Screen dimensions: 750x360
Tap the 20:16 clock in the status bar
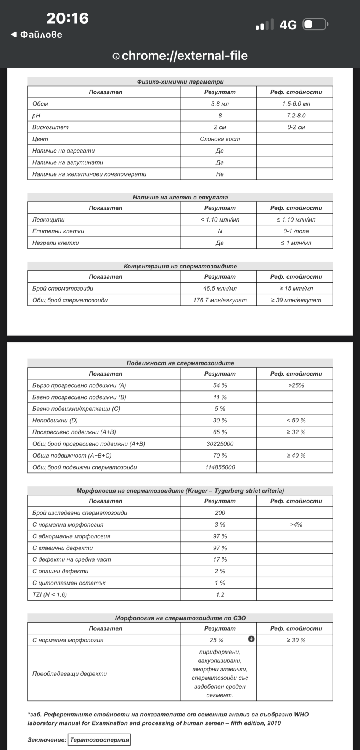67,18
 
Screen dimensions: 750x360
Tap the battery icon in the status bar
315,24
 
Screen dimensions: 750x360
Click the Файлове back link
37,35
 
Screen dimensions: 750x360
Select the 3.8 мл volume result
220,104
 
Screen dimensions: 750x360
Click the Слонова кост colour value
220,139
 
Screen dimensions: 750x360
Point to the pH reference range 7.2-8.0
296,116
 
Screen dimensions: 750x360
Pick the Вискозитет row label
50,127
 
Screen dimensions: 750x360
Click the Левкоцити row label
48,220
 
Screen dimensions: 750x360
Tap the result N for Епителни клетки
220,231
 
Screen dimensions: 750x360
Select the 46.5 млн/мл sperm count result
220,288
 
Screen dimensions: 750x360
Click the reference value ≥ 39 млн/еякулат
296,300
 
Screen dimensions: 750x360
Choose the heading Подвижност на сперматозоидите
180,363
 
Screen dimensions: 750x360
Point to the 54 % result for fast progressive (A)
220,385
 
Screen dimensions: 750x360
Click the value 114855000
220,467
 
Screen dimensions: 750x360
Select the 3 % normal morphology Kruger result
220,525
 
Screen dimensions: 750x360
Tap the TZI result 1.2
220,594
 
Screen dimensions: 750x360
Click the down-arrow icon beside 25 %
251,639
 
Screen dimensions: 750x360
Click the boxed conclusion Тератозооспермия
99,740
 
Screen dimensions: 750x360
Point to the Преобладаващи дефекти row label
69,674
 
